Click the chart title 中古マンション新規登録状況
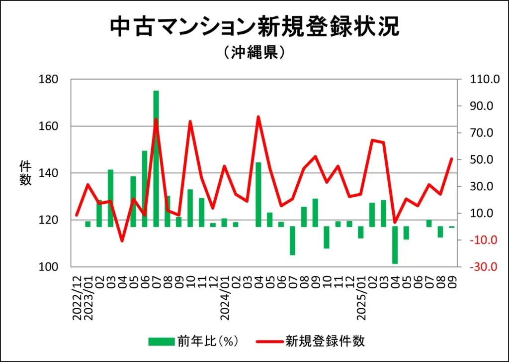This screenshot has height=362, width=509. (254, 27)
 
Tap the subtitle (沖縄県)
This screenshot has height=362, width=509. (254, 52)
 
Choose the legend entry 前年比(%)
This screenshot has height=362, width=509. (194, 341)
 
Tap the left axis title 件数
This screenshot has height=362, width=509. (25, 173)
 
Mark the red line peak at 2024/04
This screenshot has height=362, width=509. (258, 117)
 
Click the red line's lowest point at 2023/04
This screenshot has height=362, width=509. (122, 241)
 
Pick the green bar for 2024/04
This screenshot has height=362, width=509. (258, 195)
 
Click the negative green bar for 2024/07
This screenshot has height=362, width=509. (292, 241)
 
